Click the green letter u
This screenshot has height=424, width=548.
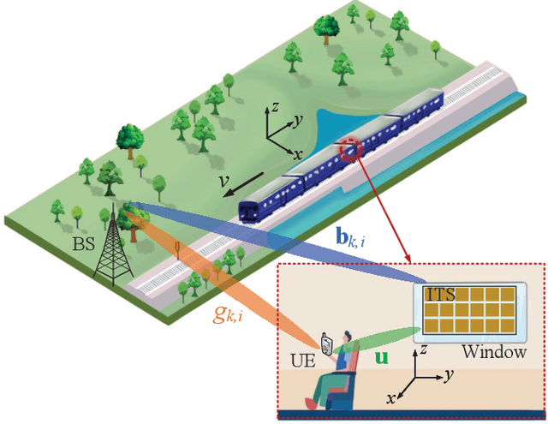[x=381, y=358]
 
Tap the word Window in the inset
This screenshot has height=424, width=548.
[x=489, y=352]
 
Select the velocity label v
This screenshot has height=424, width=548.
[x=222, y=183]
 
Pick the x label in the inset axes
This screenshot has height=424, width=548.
[x=393, y=398]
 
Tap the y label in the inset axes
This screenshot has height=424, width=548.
[x=449, y=374]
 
